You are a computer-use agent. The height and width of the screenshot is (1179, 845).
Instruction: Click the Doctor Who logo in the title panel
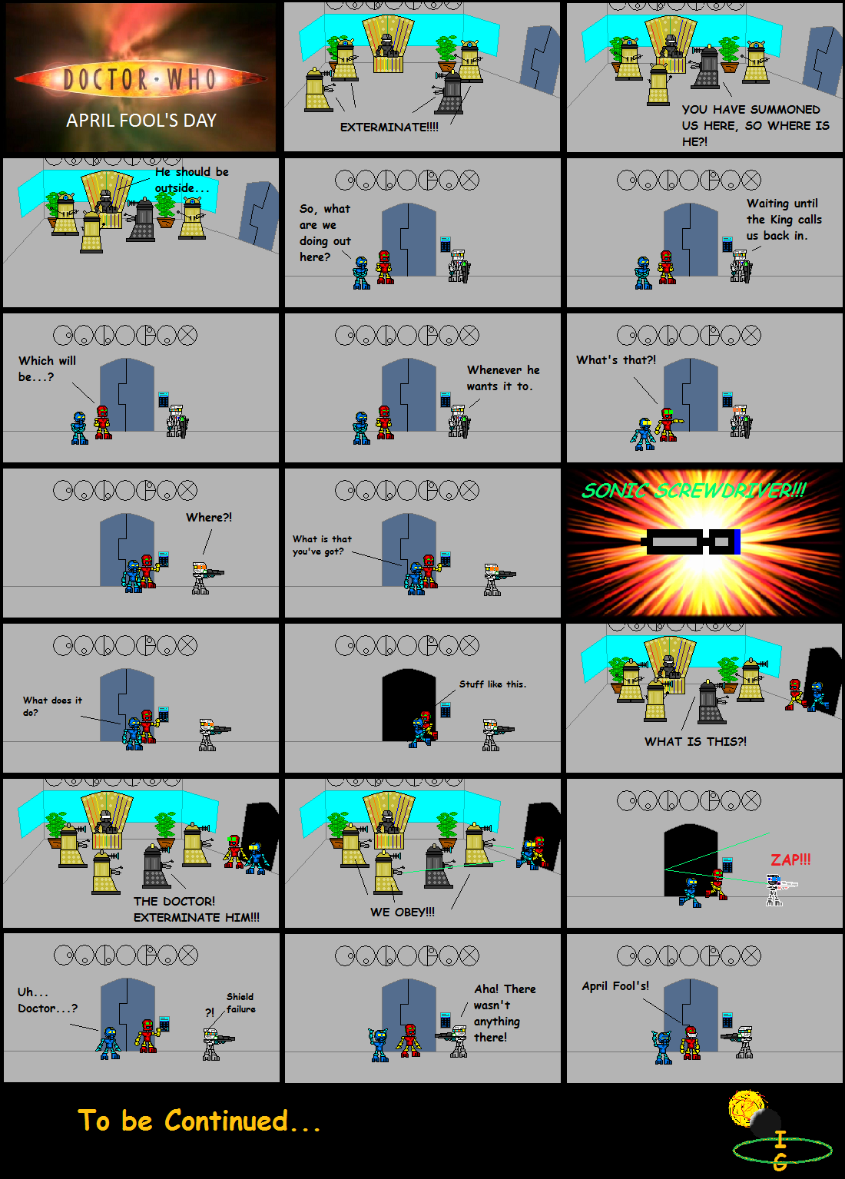[x=141, y=78]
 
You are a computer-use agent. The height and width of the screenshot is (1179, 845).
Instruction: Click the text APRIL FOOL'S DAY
[x=141, y=121]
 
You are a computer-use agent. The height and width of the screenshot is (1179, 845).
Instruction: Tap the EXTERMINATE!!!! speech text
[x=389, y=128]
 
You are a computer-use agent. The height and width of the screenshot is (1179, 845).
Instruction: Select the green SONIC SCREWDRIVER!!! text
[x=694, y=491]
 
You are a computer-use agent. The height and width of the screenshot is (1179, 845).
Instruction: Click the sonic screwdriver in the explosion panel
[x=691, y=541]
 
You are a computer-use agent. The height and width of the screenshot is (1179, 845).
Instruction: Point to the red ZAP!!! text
[x=790, y=860]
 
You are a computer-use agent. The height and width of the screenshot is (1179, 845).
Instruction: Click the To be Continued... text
[x=199, y=1121]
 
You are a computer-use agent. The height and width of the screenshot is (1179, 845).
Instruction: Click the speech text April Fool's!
[x=615, y=986]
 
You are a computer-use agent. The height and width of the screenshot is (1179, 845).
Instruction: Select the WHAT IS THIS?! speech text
[x=695, y=742]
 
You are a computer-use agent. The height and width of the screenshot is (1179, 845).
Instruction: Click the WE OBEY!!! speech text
[x=403, y=912]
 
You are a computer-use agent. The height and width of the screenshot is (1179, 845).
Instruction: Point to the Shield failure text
[x=240, y=1003]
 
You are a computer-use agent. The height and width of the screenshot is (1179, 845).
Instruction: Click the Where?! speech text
[x=209, y=518]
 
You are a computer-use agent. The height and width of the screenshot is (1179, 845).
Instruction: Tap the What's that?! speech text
[x=616, y=360]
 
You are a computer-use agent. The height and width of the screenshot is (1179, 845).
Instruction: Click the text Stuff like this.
[x=492, y=684]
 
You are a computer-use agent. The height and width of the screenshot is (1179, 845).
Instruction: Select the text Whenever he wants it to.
[x=502, y=378]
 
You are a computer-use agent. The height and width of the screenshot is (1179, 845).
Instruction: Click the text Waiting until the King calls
[x=784, y=220]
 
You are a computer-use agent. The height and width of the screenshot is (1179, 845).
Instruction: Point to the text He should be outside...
[x=191, y=180]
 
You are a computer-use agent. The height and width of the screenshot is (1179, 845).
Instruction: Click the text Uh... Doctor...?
[x=48, y=1000]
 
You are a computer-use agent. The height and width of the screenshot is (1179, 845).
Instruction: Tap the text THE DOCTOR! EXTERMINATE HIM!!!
[x=197, y=909]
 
